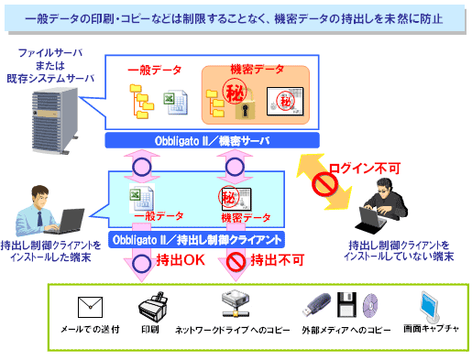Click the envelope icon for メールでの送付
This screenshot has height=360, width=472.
(90, 307)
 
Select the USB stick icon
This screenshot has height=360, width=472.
(316, 304)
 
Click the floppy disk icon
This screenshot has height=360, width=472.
(346, 304)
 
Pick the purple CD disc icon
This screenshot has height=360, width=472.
(370, 305)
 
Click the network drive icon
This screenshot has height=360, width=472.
(236, 303)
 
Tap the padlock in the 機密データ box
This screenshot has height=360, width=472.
(245, 105)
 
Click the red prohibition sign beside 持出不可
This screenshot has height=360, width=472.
(236, 261)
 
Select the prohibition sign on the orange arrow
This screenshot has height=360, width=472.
(324, 184)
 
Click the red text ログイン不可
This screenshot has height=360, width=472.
(365, 168)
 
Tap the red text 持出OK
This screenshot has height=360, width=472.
(181, 260)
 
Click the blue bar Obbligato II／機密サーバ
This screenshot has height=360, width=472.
(212, 140)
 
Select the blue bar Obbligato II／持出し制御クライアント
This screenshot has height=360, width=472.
(197, 240)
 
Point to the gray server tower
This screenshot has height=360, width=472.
(55, 121)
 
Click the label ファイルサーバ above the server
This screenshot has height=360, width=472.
(50, 53)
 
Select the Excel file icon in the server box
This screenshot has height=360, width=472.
(175, 103)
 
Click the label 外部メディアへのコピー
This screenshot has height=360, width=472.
(346, 330)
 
